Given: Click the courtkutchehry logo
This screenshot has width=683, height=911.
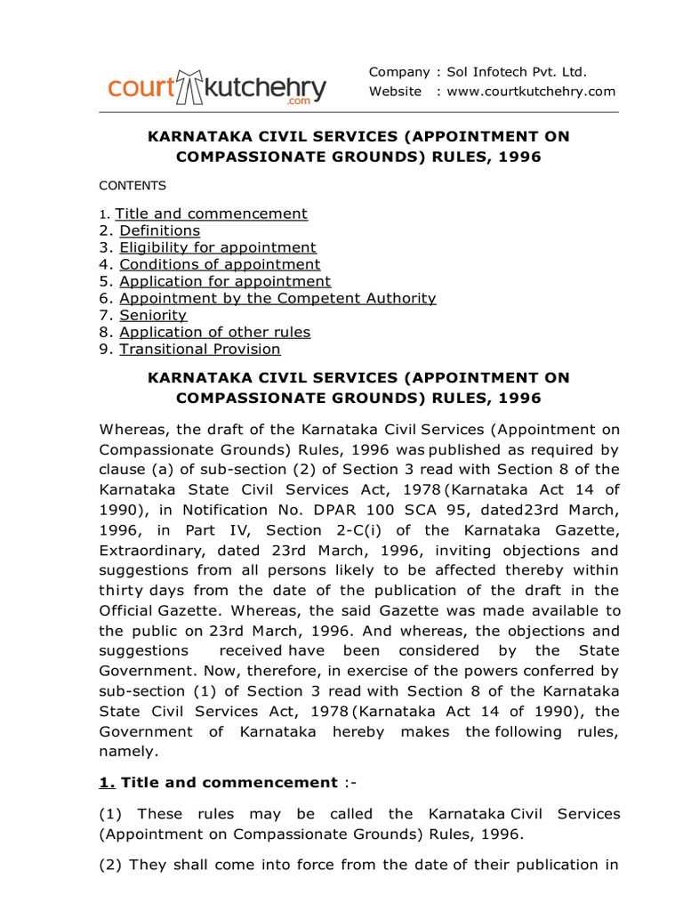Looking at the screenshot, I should pos(217,88).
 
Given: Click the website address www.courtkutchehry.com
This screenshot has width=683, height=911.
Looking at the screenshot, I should pos(531,92).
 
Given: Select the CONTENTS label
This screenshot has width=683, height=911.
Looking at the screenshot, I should pos(133,186).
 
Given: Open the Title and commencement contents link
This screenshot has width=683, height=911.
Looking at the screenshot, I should pos(212,214).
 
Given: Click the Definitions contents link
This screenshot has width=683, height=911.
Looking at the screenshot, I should pos(160,230).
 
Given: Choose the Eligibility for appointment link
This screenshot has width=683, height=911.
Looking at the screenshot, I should pos(218,247).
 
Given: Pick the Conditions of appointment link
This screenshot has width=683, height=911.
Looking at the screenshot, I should pos(220,264).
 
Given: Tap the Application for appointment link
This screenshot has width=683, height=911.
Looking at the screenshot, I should pos(225,281).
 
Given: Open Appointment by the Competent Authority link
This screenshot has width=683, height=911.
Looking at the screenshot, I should pos(277,298).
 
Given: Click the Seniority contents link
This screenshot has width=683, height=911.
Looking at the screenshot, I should pos(153,315).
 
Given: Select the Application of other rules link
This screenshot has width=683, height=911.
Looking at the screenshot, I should pos(215,332).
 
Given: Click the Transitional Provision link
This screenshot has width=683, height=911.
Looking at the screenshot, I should pos(200,349).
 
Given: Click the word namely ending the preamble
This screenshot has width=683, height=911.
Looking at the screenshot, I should pos(128,752).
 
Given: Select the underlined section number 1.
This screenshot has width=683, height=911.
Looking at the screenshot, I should pos(107,783).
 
